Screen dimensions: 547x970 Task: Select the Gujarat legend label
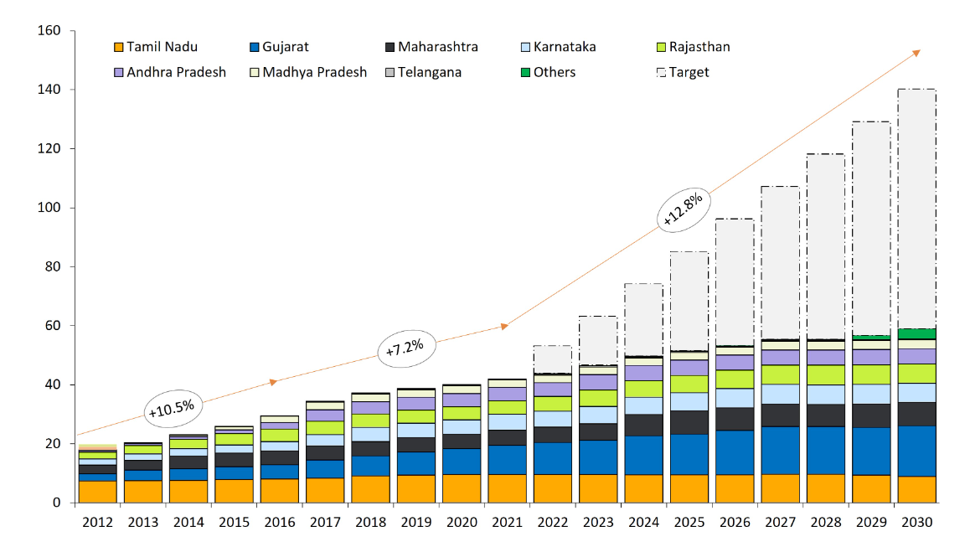pyautogui.click(x=285, y=47)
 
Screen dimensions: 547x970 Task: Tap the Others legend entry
pyautogui.click(x=554, y=72)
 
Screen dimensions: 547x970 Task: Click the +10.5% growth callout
pyautogui.click(x=171, y=408)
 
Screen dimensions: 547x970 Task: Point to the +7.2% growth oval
pyautogui.click(x=405, y=348)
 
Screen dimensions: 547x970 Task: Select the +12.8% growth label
pyautogui.click(x=683, y=209)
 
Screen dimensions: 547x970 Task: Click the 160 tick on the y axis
pyautogui.click(x=51, y=31)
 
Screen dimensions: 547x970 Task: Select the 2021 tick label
pyautogui.click(x=505, y=522)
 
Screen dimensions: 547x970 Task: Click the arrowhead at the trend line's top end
pyautogui.click(x=916, y=52)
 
